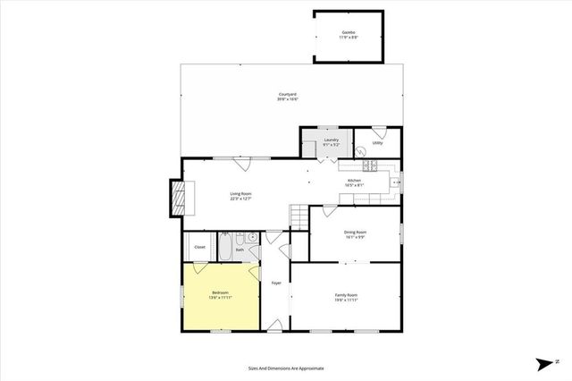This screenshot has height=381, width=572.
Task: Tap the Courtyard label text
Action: coord(288,94)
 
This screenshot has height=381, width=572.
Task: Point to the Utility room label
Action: coord(377,142)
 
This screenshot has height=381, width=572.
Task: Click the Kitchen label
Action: coord(354,181)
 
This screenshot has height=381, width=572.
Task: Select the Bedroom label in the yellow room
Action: coord(221,293)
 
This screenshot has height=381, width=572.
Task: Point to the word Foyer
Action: coord(277,283)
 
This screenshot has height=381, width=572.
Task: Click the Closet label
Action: coord(199,247)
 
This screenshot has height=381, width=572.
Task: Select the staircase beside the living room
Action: coord(299,216)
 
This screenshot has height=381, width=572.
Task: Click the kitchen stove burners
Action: coord(370,165)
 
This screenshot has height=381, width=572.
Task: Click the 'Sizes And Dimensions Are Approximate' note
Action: coord(286,368)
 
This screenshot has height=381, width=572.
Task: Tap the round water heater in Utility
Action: coord(361,152)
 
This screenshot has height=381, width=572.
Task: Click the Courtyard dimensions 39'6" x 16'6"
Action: coord(288,99)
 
